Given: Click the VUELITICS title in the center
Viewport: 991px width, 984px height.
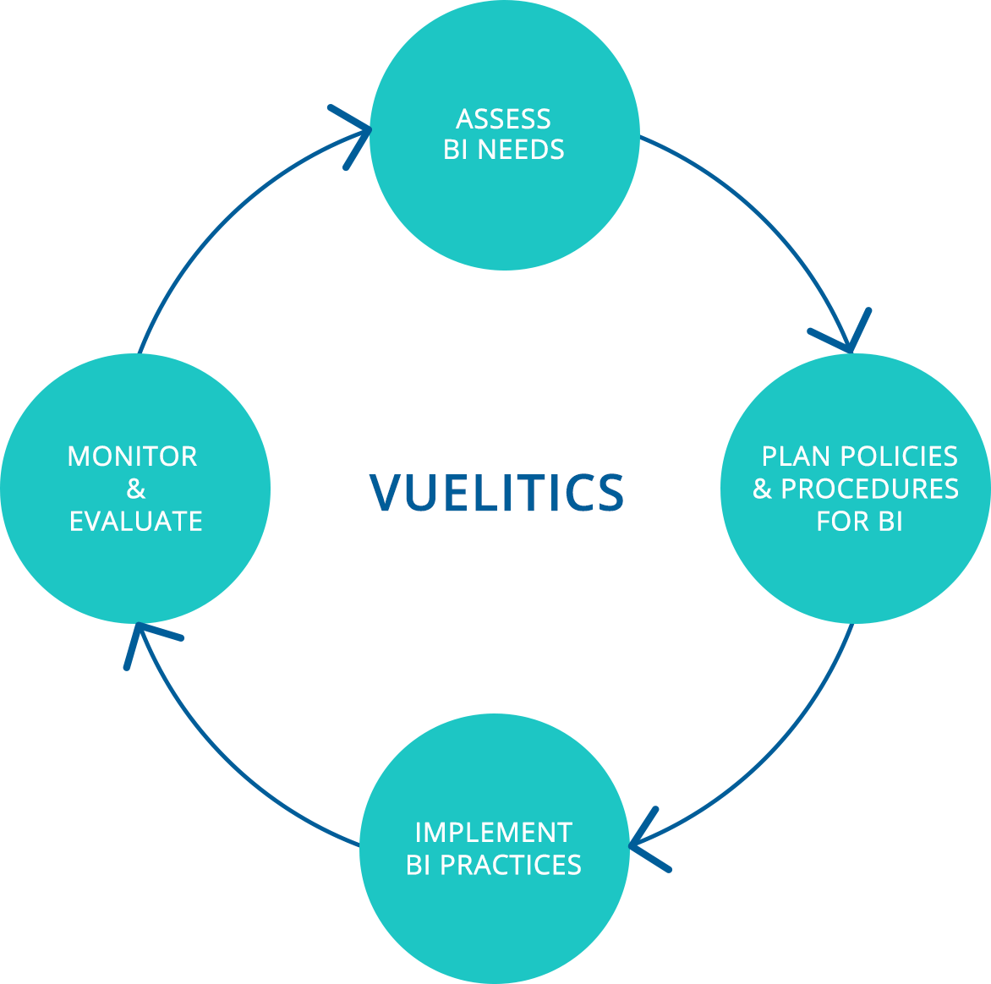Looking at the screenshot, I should pos(496,492).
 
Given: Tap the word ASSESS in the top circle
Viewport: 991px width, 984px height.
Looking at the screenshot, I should pos(503,118).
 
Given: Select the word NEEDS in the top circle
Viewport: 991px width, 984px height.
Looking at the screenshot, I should pos(521,150).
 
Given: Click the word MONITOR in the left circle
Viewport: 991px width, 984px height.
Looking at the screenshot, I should pos(132,456).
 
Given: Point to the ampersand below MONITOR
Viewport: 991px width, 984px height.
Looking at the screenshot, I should pos(135,489).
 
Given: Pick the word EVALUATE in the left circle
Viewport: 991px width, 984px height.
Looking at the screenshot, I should pos(135,522).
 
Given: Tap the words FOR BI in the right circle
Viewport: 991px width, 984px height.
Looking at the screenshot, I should pos(859,522).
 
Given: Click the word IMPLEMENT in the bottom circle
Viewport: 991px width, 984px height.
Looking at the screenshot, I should pos(493,833).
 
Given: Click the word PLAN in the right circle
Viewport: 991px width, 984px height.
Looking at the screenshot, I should pos(791,456).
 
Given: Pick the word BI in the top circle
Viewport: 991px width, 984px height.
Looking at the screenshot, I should pos(456,150).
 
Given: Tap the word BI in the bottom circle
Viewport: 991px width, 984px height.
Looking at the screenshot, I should pos(419,865).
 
